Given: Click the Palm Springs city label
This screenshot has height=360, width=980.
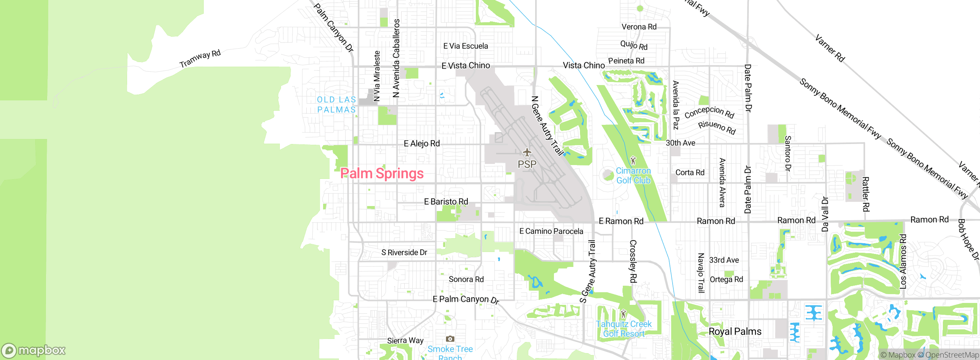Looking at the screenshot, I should click(382, 173).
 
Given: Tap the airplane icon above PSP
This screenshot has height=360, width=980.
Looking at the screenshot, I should click(527, 152).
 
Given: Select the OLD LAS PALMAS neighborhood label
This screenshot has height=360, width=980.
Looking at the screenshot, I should click(336, 105).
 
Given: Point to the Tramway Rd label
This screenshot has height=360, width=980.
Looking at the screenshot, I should click(200, 58).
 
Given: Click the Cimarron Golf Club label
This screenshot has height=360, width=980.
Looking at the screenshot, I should click(633, 176).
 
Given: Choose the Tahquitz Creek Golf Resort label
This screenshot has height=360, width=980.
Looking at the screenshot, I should click(624, 329).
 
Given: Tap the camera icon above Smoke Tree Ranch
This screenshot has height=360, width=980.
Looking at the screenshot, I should click(450, 339).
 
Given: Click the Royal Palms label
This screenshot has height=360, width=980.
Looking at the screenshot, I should click(735, 331).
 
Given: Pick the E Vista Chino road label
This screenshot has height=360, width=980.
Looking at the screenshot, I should click(465, 65).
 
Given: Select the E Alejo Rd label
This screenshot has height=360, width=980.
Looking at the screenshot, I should click(422, 144).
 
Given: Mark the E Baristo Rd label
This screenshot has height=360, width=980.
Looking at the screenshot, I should click(446, 201).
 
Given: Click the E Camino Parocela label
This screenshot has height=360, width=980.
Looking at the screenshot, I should click(551, 231).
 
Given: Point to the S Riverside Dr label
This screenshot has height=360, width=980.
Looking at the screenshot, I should click(404, 252).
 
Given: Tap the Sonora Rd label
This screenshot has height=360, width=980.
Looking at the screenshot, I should click(466, 279).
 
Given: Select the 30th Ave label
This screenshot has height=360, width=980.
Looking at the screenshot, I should click(680, 143).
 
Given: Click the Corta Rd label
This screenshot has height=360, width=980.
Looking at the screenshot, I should click(690, 172).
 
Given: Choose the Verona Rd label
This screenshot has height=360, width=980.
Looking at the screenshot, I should click(639, 27).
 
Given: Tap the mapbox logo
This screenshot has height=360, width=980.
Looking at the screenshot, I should click(34, 350).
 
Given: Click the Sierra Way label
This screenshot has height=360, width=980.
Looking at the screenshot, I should click(405, 340).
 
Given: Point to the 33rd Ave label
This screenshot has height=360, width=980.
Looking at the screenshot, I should click(724, 260).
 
